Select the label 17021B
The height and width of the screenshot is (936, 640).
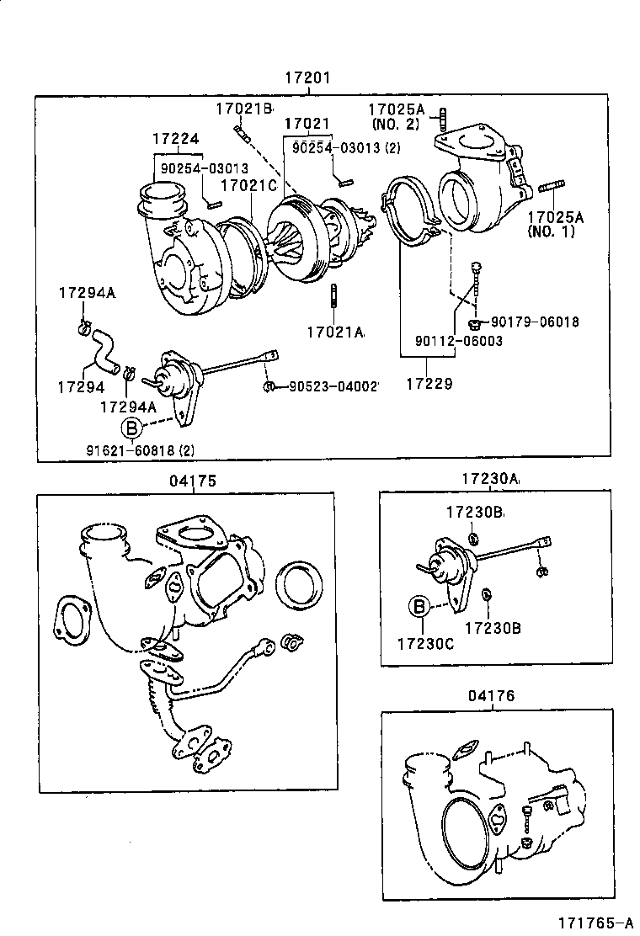pyautogui.click(x=244, y=108)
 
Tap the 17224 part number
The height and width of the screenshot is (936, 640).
pyautogui.click(x=176, y=139)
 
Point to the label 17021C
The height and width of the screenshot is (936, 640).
pyautogui.click(x=249, y=184)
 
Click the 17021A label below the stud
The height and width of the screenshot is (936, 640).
pyautogui.click(x=335, y=333)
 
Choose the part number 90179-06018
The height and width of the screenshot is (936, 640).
pyautogui.click(x=535, y=322)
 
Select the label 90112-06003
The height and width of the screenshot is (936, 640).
pyautogui.click(x=458, y=341)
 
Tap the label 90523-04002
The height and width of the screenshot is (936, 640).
pyautogui.click(x=333, y=386)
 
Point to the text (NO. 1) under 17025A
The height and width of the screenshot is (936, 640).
pyautogui.click(x=551, y=231)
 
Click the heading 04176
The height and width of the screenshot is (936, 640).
pyautogui.click(x=493, y=696)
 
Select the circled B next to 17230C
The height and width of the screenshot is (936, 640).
pyautogui.click(x=419, y=605)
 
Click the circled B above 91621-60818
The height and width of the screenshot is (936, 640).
pyautogui.click(x=132, y=427)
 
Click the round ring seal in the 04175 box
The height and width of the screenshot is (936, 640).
pyautogui.click(x=301, y=584)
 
